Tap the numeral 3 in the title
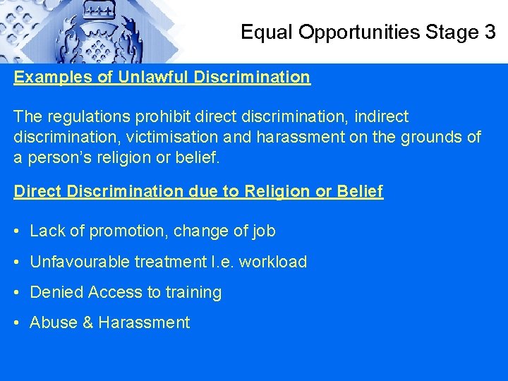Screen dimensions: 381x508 [x=490, y=32]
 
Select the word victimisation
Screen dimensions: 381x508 [x=162, y=137]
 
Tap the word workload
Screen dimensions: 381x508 [x=273, y=262]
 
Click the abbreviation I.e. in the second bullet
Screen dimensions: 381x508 [x=223, y=262]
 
